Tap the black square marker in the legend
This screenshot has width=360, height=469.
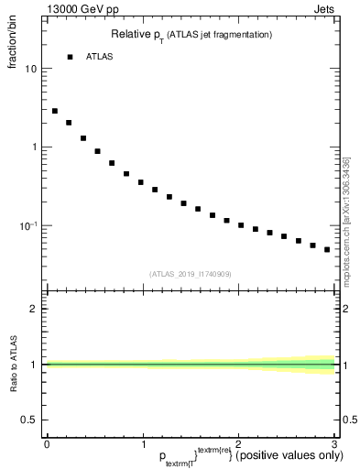tap(70, 57)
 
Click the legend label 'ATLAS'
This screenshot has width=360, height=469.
tap(99, 57)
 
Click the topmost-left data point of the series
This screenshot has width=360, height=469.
tap(55, 111)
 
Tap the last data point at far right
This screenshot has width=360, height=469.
tap(327, 249)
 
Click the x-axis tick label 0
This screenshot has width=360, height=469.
tap(47, 443)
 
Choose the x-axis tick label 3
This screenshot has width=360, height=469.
tap(334, 443)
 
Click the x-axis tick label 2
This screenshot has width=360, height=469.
tap(238, 443)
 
